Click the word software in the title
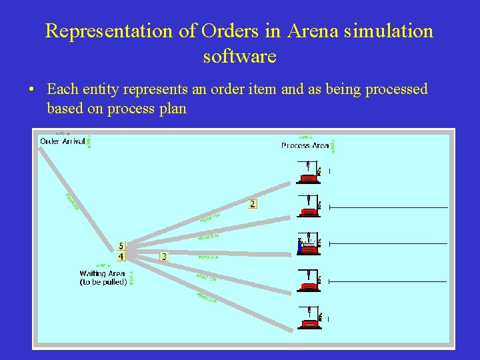click(239, 57)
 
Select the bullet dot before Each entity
click(33, 90)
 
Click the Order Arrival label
click(62, 141)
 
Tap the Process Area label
click(305, 145)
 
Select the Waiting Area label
click(102, 273)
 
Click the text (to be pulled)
click(103, 282)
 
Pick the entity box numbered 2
click(252, 203)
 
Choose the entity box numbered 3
click(164, 256)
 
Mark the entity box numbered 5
click(121, 247)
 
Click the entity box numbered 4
click(121, 256)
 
